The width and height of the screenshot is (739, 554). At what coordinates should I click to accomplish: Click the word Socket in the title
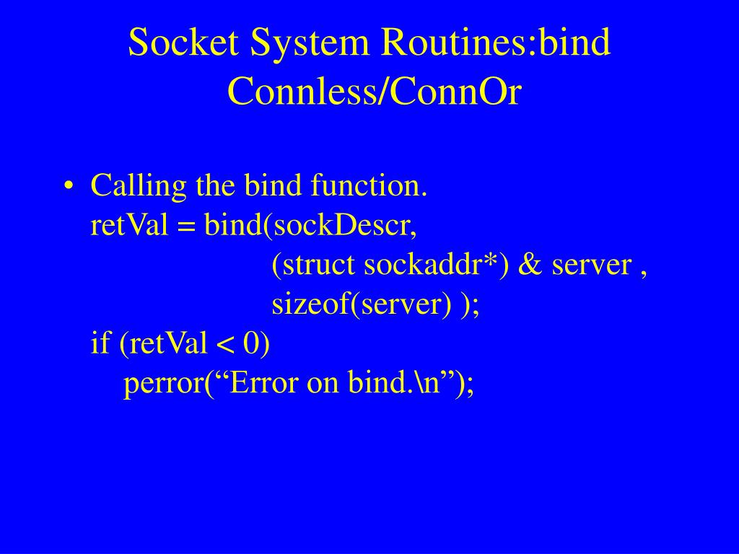[183, 44]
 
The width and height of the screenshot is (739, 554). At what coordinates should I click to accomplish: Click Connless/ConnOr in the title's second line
[374, 92]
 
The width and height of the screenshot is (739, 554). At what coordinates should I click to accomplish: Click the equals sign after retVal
[186, 227]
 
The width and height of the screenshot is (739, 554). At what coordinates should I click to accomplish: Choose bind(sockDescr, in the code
[310, 227]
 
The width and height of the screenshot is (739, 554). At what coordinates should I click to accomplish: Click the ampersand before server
[530, 265]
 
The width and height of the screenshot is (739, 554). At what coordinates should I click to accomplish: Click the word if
[100, 343]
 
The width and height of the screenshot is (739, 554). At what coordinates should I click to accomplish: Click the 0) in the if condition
[257, 343]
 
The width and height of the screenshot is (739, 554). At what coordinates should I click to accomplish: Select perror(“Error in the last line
[212, 384]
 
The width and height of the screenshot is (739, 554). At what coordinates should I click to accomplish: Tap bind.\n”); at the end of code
[411, 383]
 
